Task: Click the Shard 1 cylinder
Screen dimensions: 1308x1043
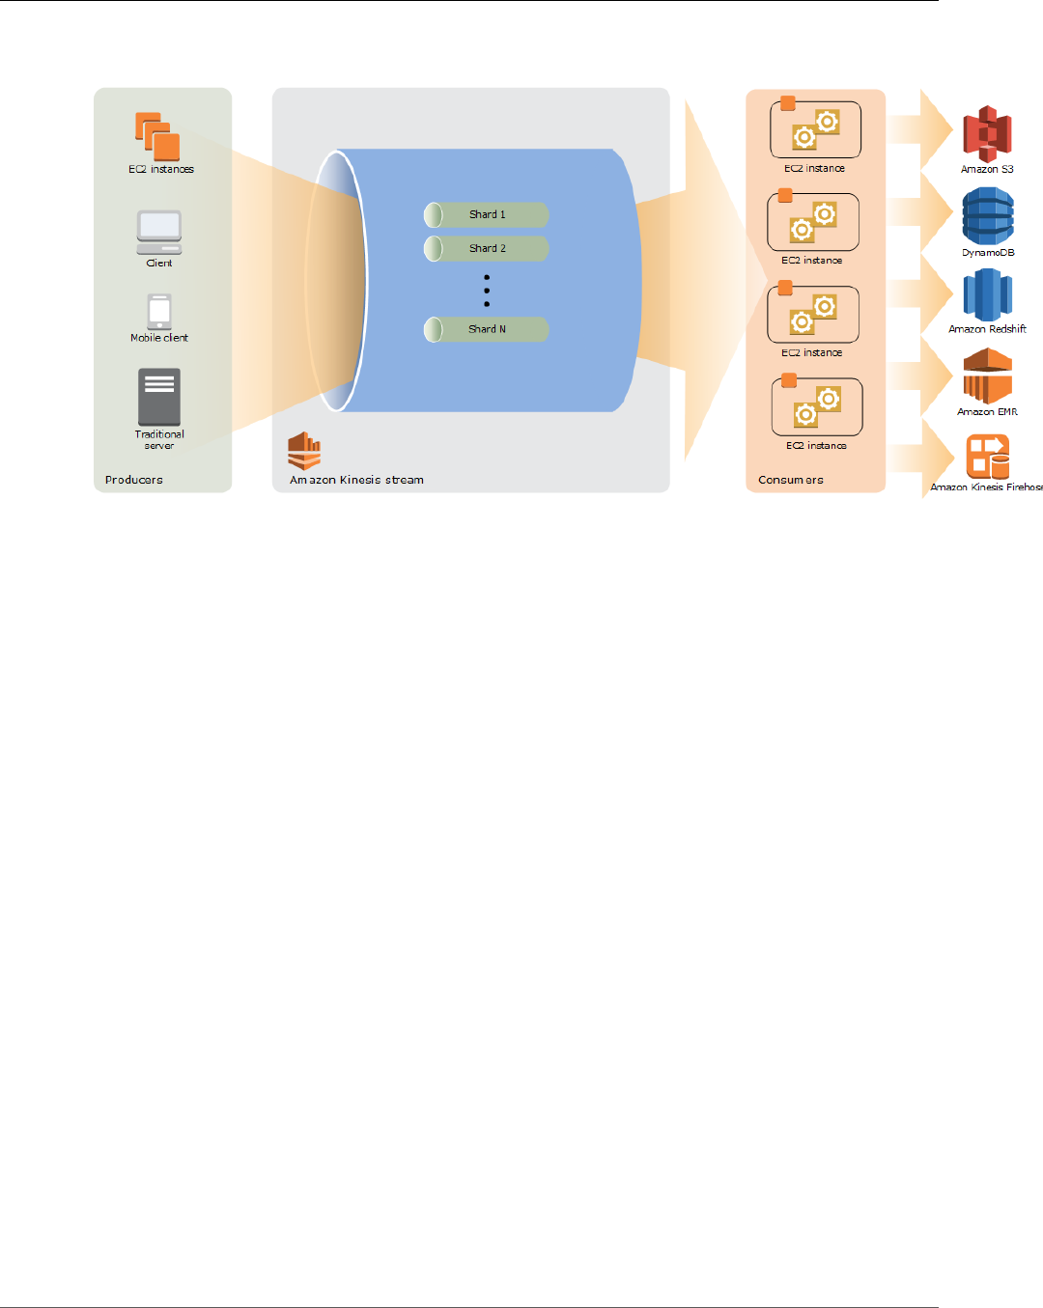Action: (487, 214)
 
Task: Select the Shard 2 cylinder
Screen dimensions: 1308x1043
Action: (487, 248)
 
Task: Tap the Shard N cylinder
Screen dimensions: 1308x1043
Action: (487, 329)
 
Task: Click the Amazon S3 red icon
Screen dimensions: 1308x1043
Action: (987, 133)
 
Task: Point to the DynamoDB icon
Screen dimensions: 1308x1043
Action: (988, 216)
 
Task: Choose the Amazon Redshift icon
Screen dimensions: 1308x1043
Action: (987, 294)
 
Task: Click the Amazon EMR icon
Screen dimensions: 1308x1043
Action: (987, 376)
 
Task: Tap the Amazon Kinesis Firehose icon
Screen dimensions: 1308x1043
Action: (987, 456)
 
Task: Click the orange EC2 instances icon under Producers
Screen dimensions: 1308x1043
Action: (157, 136)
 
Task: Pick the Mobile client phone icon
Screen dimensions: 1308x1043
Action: (159, 312)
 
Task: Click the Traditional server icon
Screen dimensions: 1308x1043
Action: (159, 397)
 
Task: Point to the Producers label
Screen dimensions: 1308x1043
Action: (134, 480)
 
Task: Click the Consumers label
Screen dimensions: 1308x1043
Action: (791, 480)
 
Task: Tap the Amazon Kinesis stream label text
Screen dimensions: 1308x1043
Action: (356, 480)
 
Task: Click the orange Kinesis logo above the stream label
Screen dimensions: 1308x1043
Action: (304, 451)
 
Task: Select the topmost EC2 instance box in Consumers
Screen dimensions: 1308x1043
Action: (815, 129)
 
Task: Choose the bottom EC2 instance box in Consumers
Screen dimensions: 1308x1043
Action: (817, 407)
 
